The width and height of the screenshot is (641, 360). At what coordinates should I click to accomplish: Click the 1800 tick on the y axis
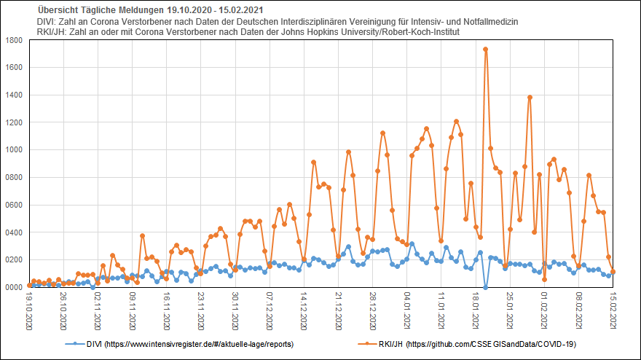(x=14, y=40)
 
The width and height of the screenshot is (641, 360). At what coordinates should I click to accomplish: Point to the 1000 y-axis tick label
(x=14, y=150)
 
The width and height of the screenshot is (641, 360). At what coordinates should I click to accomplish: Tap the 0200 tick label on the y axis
(x=14, y=260)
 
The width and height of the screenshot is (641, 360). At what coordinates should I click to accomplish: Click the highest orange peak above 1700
(x=486, y=50)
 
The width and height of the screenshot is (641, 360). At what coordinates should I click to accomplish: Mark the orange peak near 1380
(x=530, y=97)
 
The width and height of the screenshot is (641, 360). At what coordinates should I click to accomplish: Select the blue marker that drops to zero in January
(x=486, y=287)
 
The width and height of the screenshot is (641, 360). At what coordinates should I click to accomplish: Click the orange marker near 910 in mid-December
(x=313, y=162)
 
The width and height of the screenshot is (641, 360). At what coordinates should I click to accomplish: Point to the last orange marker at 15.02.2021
(x=613, y=272)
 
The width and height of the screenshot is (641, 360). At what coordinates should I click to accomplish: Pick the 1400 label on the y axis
(x=14, y=95)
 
